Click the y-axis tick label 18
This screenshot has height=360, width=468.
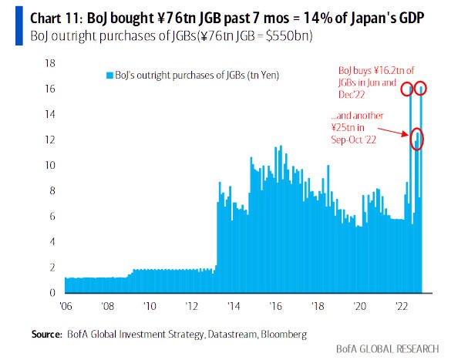pos(54,64)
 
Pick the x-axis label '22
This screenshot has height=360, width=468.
pos(401,305)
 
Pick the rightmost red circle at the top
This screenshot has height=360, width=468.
pos(422,89)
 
